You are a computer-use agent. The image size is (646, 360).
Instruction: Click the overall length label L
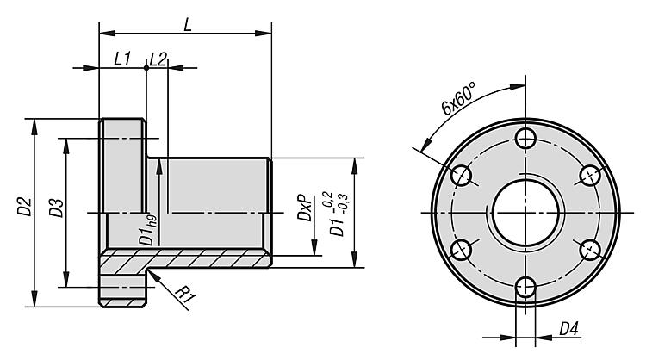click(x=188, y=25)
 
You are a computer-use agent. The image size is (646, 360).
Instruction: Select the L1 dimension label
click(x=122, y=59)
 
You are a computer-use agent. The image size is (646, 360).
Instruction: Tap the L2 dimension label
click(x=158, y=59)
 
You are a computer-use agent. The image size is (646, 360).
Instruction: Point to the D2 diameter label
click(x=24, y=207)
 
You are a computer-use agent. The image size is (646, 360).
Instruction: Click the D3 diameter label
click(x=57, y=208)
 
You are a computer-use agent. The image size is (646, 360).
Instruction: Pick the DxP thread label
click(x=305, y=208)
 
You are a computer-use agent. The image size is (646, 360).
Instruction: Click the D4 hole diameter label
click(x=569, y=329)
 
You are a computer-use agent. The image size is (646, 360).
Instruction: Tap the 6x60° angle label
click(x=457, y=98)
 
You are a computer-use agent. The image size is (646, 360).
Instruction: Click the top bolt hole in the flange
click(x=525, y=138)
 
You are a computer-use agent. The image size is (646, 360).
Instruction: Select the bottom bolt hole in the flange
click(x=525, y=287)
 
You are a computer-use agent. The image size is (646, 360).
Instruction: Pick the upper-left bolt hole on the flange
click(x=462, y=176)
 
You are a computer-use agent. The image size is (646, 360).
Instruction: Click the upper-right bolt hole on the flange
click(x=590, y=176)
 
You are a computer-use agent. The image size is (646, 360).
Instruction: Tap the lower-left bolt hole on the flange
click(x=462, y=250)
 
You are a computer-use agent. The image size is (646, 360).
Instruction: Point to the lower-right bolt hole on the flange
click(x=590, y=250)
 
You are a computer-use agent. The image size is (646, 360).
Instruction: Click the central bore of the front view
click(x=525, y=213)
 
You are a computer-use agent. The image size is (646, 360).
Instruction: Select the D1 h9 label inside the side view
click(x=148, y=231)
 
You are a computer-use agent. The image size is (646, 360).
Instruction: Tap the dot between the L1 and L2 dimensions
click(x=146, y=67)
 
